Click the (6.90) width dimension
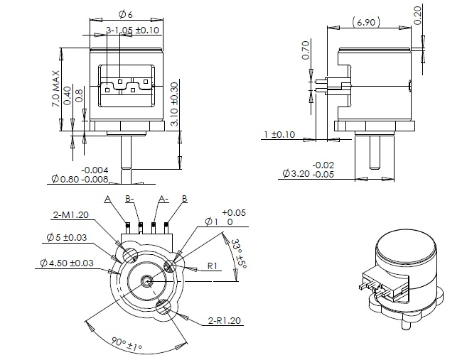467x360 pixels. pos(366,23)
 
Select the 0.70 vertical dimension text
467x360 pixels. pos(306,50)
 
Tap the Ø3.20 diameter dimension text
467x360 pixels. pos(311,173)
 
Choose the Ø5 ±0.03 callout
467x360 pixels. pos(68,236)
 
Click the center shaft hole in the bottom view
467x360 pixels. pos(146,280)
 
